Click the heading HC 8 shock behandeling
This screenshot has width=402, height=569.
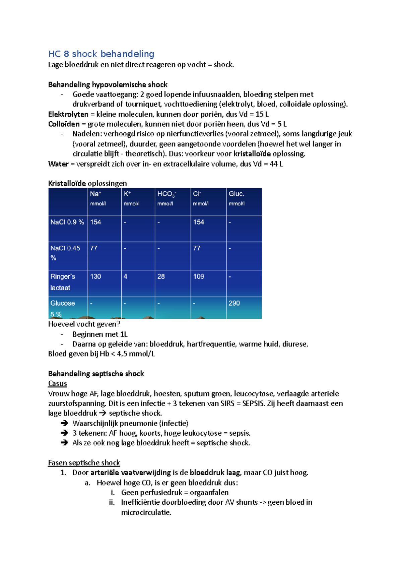(x=101, y=54)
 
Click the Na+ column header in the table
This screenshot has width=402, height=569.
(x=95, y=194)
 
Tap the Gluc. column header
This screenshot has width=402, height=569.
(x=236, y=194)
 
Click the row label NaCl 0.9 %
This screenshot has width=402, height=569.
(x=67, y=222)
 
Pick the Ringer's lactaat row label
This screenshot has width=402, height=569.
(x=63, y=282)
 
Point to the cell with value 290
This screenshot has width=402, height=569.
(x=234, y=303)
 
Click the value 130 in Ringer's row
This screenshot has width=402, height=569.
(x=95, y=276)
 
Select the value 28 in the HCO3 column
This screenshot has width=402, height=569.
(x=161, y=276)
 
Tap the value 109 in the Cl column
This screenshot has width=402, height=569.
(x=198, y=276)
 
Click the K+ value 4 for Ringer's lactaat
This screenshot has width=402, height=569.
(x=125, y=276)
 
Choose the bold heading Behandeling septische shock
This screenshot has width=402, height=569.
(x=96, y=374)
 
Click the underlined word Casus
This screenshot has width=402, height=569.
(x=57, y=383)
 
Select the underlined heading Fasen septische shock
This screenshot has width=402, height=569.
(x=84, y=463)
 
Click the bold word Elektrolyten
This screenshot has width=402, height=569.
(x=68, y=114)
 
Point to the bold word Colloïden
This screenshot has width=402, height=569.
(x=64, y=124)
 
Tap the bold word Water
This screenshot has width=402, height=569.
(x=58, y=164)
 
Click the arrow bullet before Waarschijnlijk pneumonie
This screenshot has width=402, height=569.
(x=64, y=423)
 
